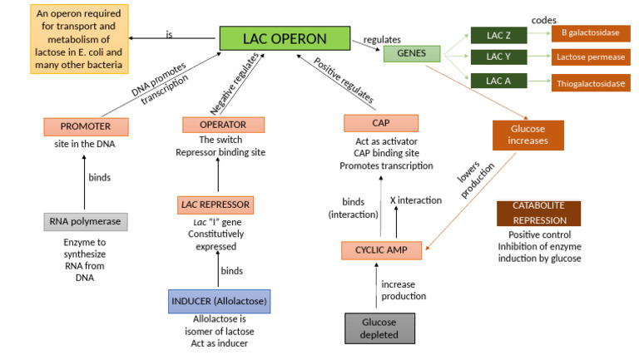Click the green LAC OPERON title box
tap(284, 38)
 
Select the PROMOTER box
tap(87, 127)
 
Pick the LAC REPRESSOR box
tap(214, 204)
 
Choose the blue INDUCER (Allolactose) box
tap(219, 300)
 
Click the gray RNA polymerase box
tap(86, 221)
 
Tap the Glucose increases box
tap(528, 135)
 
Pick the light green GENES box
tap(406, 54)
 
